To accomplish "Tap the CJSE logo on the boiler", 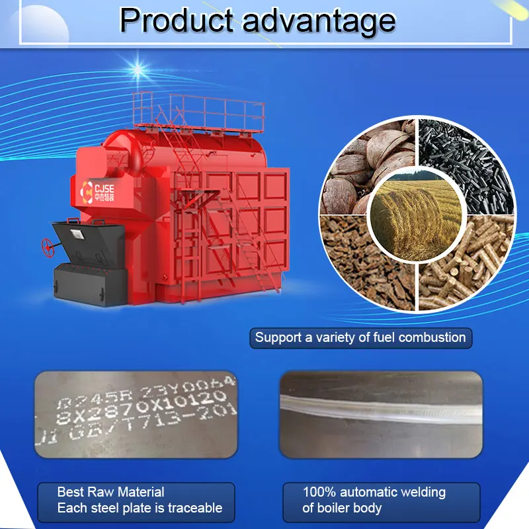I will coord(93,188).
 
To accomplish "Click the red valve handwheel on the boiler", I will coord(48,247).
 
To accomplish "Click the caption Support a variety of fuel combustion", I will coord(360,337).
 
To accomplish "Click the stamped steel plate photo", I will coord(136,415).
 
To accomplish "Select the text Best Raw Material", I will coord(110,492).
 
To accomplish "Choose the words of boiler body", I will coord(342,509).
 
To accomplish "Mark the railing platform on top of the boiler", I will coord(198,112).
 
